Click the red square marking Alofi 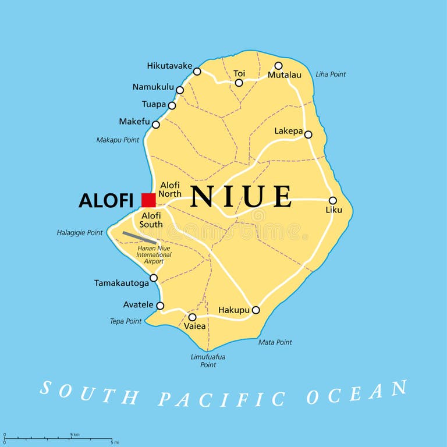click(x=148, y=200)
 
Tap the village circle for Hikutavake click(x=197, y=72)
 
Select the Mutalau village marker click(x=278, y=66)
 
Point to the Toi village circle click(x=239, y=83)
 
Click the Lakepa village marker click(x=308, y=134)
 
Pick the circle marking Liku click(x=333, y=200)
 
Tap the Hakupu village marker click(x=256, y=310)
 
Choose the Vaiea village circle click(x=192, y=317)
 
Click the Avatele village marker click(x=160, y=306)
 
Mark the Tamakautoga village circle click(x=154, y=278)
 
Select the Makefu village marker click(x=155, y=125)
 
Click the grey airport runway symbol click(x=139, y=238)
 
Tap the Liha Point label click(x=331, y=74)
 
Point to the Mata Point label click(x=275, y=342)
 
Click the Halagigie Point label click(x=80, y=233)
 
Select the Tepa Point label click(x=126, y=321)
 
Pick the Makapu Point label click(x=118, y=140)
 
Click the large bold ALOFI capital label click(x=107, y=200)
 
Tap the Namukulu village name click(x=153, y=87)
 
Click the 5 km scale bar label click(x=74, y=434)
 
